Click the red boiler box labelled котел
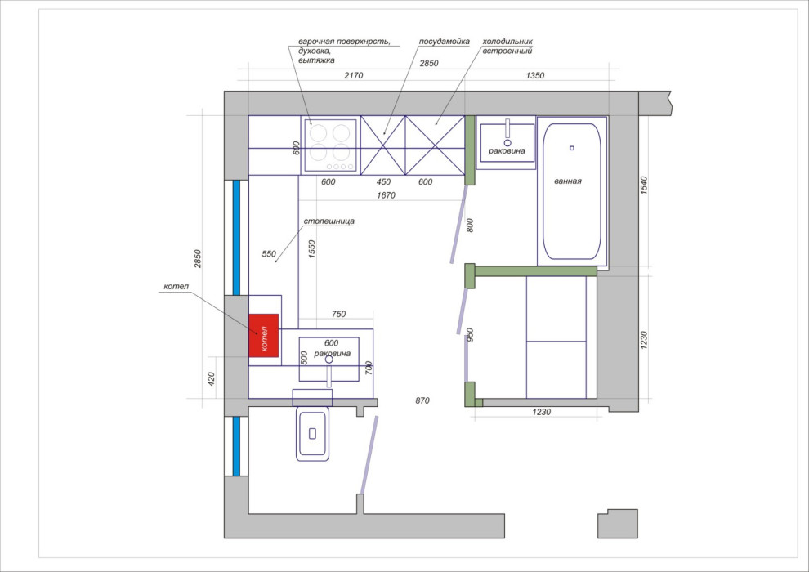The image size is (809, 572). (x=264, y=335)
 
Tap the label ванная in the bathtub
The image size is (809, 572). (x=568, y=181)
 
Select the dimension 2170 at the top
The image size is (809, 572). (x=353, y=75)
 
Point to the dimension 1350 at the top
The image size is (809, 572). (x=535, y=75)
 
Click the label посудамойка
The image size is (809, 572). (x=445, y=41)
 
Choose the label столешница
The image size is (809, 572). (x=329, y=221)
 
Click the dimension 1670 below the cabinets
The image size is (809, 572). (x=386, y=195)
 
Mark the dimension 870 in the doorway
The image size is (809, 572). (x=422, y=400)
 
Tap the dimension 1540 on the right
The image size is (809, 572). (x=644, y=185)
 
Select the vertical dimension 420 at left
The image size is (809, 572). (x=211, y=379)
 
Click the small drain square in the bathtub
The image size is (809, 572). (x=572, y=148)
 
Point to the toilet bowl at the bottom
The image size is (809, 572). (x=312, y=433)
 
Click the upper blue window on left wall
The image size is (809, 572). (x=236, y=237)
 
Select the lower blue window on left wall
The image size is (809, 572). (x=236, y=446)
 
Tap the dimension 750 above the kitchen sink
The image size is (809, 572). (x=338, y=314)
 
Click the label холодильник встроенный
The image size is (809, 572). (x=507, y=46)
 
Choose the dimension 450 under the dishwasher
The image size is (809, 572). (x=383, y=181)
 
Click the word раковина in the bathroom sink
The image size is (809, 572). (x=507, y=151)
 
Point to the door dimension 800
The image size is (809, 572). (x=470, y=226)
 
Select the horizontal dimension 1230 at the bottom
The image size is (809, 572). (x=541, y=412)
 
